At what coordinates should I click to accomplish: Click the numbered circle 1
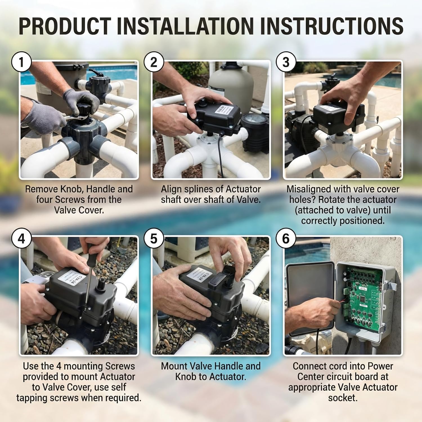pyautogui.click(x=21, y=62)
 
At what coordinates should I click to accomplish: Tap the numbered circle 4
pyautogui.click(x=21, y=239)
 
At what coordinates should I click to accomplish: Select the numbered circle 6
pyautogui.click(x=286, y=239)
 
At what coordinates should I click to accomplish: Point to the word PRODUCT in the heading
pyautogui.click(x=65, y=26)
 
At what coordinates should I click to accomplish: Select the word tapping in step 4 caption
pyautogui.click(x=48, y=398)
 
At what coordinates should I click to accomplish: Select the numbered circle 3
pyautogui.click(x=286, y=62)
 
